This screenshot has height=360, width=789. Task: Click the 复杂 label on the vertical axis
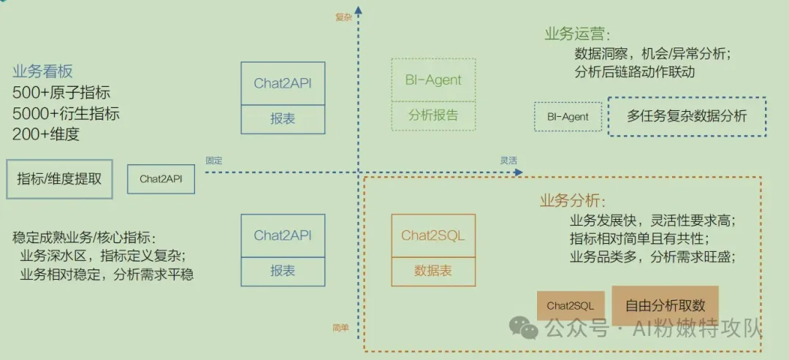pyautogui.click(x=343, y=17)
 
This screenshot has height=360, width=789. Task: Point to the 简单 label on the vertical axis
pyautogui.click(x=340, y=328)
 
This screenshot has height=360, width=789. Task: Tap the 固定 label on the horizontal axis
pyautogui.click(x=213, y=161)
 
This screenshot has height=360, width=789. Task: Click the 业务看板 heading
pyautogui.click(x=42, y=72)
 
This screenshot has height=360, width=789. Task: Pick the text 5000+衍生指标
pyautogui.click(x=66, y=114)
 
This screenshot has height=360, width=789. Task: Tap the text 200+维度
pyautogui.click(x=46, y=134)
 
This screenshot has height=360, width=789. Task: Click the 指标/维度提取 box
pyautogui.click(x=59, y=179)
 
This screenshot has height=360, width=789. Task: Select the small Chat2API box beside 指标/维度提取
pyautogui.click(x=161, y=179)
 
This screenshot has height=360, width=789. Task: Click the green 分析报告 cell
pyautogui.click(x=433, y=115)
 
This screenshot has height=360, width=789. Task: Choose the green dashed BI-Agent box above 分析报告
pyautogui.click(x=433, y=80)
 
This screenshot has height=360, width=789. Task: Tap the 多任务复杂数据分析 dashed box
pyautogui.click(x=687, y=116)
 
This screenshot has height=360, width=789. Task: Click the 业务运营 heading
pyautogui.click(x=576, y=34)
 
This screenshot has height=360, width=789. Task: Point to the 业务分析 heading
pyautogui.click(x=573, y=201)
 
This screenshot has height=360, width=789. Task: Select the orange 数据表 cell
pyautogui.click(x=433, y=271)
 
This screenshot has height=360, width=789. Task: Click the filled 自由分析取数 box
pyautogui.click(x=665, y=305)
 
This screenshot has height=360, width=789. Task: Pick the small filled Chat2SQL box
pyautogui.click(x=571, y=305)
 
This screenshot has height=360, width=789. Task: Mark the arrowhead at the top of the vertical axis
pyautogui.click(x=359, y=9)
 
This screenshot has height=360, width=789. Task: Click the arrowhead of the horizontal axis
pyautogui.click(x=519, y=172)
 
